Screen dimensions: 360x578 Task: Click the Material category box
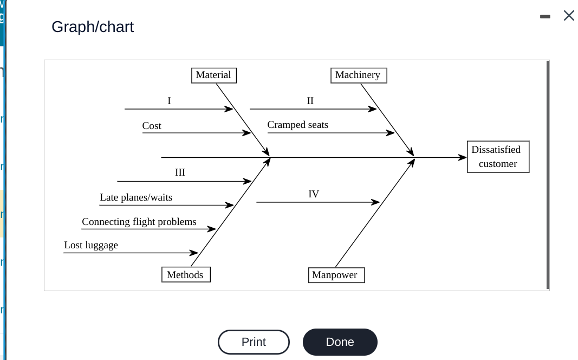coord(213,75)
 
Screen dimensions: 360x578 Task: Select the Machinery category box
coord(358,75)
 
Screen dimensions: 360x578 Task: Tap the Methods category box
coord(185,275)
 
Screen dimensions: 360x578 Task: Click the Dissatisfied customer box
coord(497,157)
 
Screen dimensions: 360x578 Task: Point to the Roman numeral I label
coord(169,101)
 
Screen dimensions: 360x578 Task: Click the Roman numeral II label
coord(310,101)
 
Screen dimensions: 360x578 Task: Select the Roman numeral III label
coord(180,172)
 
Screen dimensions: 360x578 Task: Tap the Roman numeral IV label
coord(314,194)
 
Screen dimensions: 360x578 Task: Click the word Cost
coord(152,126)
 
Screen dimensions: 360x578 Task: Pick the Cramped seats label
coord(297,125)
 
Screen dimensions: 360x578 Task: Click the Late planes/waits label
coord(136,197)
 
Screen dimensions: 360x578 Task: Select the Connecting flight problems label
coord(139,222)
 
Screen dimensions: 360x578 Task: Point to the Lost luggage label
coord(91,245)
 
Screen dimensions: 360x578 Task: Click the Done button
coord(340,342)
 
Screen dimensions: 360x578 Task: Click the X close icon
coord(569,16)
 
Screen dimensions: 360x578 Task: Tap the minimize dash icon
coord(545,17)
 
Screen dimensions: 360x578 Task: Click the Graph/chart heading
coord(93,27)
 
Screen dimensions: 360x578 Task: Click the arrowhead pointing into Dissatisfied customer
coord(463,158)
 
